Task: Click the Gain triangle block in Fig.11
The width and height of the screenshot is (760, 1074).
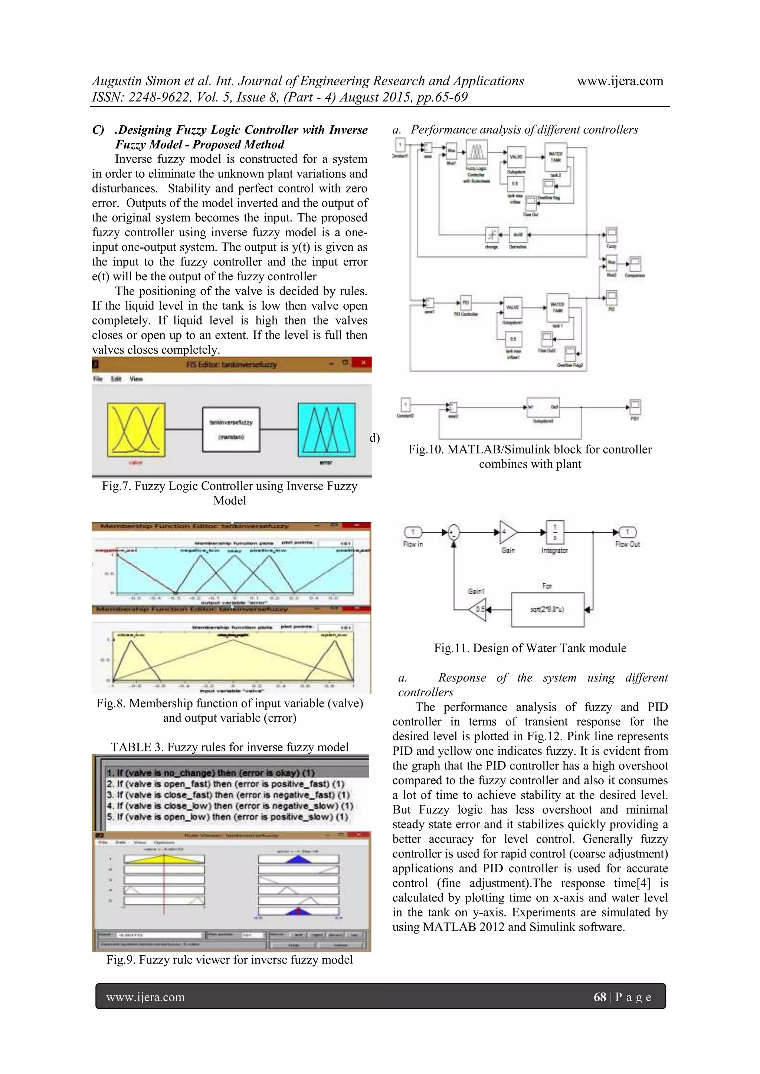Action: pos(507,532)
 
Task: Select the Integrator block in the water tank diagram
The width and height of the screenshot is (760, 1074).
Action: pos(554,532)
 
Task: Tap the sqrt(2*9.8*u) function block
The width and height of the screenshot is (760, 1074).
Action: pos(547,610)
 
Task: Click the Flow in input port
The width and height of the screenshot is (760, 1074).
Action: pos(413,532)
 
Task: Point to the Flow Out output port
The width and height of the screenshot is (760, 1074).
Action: pos(628,532)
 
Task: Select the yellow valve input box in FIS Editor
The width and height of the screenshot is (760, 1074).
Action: pos(136,429)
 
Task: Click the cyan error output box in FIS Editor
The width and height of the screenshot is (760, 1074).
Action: pos(326,429)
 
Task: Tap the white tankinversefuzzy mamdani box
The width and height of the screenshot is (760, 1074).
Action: pos(231,429)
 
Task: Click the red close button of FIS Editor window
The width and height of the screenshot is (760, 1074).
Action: pos(362,363)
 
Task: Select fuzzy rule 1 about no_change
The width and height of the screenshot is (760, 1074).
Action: pos(210,773)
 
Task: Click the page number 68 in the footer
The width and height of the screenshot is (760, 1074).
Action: pos(599,997)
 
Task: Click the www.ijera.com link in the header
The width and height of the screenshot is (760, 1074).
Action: pos(620,81)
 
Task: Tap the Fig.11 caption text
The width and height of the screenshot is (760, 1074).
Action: pos(530,648)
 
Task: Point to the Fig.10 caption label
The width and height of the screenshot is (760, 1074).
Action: pos(530,449)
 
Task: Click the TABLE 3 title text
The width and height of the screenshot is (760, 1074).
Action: pos(229,747)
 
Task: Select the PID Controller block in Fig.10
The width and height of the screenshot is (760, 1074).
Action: pos(466,303)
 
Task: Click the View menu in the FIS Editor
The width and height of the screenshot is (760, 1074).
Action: pos(136,379)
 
